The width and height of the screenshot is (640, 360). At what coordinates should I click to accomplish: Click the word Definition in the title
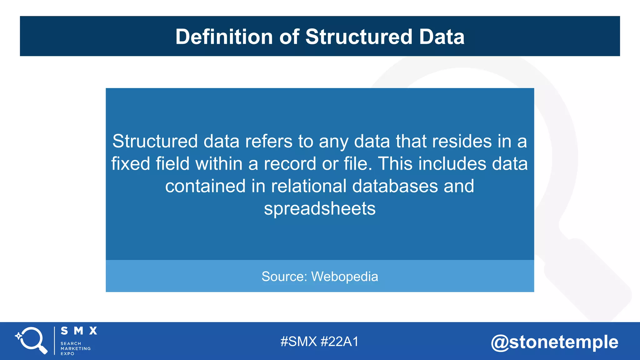pos(224,37)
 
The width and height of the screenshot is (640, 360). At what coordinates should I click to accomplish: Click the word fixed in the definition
pos(131,164)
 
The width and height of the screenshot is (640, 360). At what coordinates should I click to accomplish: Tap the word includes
pos(452,164)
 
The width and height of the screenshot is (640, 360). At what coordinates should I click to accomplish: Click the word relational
pos(308,186)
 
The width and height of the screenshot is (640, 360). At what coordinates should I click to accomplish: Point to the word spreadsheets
pos(320,209)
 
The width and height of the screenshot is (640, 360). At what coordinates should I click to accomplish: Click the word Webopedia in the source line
pos(345,277)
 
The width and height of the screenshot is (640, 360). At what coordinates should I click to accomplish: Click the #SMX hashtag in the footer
pos(298,342)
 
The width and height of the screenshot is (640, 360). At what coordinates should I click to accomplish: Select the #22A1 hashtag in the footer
pos(340,342)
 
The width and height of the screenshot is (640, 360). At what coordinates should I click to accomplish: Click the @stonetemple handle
pos(555,342)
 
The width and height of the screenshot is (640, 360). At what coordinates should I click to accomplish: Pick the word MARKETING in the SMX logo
pos(76,348)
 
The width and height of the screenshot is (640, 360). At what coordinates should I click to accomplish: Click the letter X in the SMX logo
pos(93,331)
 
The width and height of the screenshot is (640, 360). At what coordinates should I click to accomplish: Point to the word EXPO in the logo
pos(67,354)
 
